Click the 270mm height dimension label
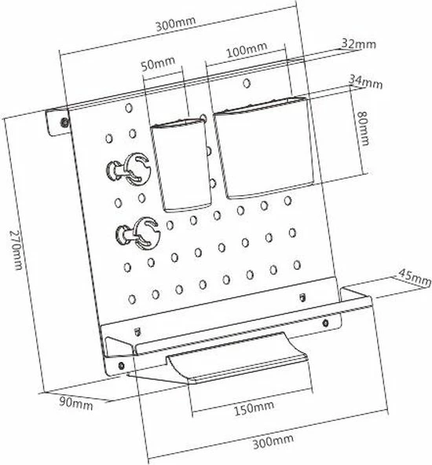point(16,249)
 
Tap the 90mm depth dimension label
point(76,404)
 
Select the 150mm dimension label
point(254,409)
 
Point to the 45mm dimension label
point(414,278)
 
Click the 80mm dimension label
point(363,128)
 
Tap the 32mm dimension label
point(359,43)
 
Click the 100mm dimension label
point(247,50)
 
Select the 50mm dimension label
point(158,64)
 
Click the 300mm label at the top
point(176,24)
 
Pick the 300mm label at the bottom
point(273,441)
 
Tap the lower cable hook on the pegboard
point(137,233)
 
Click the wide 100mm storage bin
point(264,147)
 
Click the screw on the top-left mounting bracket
point(64,122)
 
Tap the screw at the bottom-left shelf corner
point(121,365)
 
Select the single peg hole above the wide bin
point(247,83)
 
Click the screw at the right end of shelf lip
point(325,323)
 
